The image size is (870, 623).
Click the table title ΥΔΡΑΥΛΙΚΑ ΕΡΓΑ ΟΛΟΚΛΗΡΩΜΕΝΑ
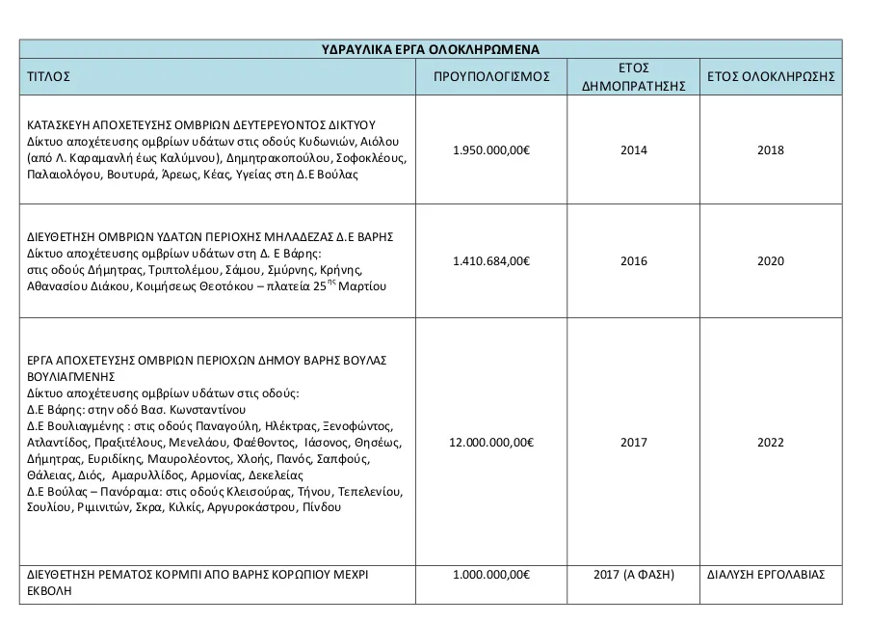431,49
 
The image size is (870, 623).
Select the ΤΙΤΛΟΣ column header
49,76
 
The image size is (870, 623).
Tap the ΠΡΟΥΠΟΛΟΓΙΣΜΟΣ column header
491,76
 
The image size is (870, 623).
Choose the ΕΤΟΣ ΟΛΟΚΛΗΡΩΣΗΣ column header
771,76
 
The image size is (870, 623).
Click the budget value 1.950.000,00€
491,150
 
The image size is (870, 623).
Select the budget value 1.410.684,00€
491,261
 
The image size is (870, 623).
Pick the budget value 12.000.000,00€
491,443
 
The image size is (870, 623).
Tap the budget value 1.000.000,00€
491,575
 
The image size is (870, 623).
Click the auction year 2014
634,150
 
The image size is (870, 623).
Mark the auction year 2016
634,261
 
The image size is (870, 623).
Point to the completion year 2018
771,150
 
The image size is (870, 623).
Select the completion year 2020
771,261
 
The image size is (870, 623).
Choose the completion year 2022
771,443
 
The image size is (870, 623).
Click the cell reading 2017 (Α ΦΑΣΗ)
634,575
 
